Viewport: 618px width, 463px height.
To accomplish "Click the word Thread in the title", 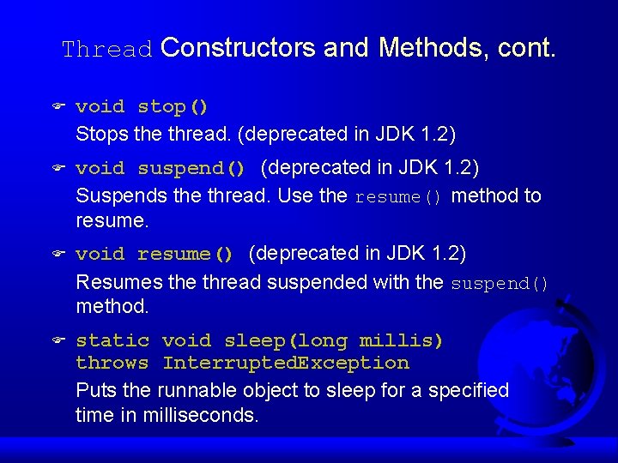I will (x=107, y=50).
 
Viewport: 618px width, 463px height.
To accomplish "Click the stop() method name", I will (x=173, y=107).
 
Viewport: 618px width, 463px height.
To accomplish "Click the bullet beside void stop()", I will (x=58, y=107).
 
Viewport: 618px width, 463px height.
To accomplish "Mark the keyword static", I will (x=112, y=341).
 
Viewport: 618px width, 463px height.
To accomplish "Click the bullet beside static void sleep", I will (x=58, y=341).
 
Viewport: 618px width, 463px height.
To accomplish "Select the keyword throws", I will (x=112, y=364).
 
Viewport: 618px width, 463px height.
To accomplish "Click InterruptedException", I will (x=286, y=364).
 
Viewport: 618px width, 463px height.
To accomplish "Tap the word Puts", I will (x=97, y=391).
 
